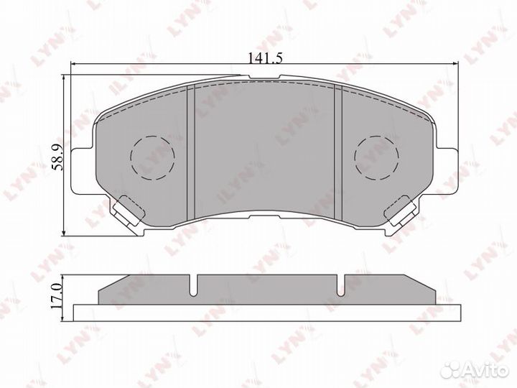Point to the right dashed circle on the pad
pyautogui.click(x=378, y=156)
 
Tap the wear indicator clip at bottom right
pyautogui.click(x=402, y=212)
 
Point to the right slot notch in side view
pyautogui.click(x=343, y=285)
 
